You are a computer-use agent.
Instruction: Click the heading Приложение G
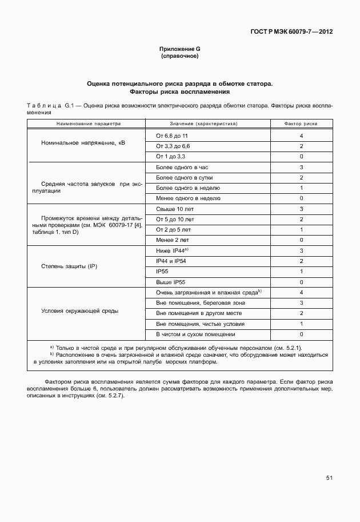(179, 50)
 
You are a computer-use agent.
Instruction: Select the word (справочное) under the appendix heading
(179, 57)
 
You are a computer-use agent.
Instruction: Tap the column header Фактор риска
(301, 123)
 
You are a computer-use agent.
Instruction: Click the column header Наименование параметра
(89, 123)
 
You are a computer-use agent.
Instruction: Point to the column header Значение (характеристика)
(203, 123)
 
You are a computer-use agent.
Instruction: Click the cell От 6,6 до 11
(171, 136)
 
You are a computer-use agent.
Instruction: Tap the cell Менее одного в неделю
(184, 198)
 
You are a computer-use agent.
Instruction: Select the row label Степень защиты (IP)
(70, 266)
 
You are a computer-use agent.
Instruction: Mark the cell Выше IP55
(170, 282)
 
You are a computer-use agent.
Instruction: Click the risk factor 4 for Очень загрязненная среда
(301, 292)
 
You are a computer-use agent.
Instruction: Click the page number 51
(329, 477)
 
